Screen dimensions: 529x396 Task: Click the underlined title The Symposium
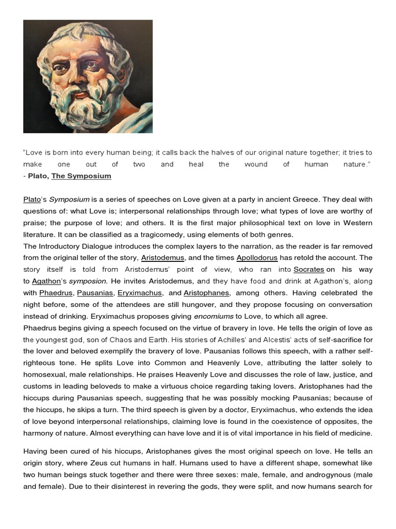(81, 176)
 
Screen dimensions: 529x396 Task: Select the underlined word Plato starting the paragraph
(32, 199)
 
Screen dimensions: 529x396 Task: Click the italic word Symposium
(70, 199)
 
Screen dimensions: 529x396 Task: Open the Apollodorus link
(257, 258)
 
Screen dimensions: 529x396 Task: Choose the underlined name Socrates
(309, 270)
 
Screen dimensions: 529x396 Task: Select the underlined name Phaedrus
(56, 293)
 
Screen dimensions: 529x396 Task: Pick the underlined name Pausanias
(95, 293)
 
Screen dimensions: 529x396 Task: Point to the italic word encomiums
(213, 317)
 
